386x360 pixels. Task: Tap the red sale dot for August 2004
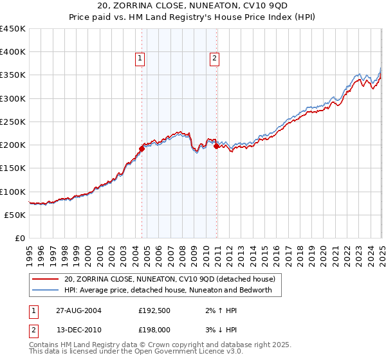coord(142,148)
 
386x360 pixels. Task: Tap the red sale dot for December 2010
coord(216,146)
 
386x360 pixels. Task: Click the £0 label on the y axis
coord(20,238)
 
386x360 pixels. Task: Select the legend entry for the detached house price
coord(169,279)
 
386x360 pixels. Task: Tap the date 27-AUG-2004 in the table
coord(78,310)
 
